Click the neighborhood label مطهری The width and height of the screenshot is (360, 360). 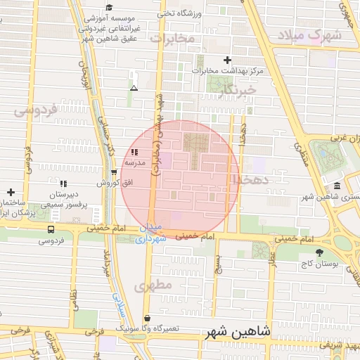[x=155, y=286]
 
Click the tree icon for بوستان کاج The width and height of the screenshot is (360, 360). [x=320, y=251]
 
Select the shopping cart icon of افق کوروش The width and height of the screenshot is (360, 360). [x=114, y=172]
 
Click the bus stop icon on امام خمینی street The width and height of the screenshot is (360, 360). [x=50, y=229]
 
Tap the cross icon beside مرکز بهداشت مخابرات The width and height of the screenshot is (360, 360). [x=226, y=60]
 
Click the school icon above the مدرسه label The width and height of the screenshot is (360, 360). [x=134, y=152]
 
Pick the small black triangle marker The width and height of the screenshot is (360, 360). [x=134, y=88]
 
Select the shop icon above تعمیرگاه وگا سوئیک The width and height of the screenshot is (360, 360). [x=146, y=318]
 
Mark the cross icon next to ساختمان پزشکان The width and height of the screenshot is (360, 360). [x=11, y=191]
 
